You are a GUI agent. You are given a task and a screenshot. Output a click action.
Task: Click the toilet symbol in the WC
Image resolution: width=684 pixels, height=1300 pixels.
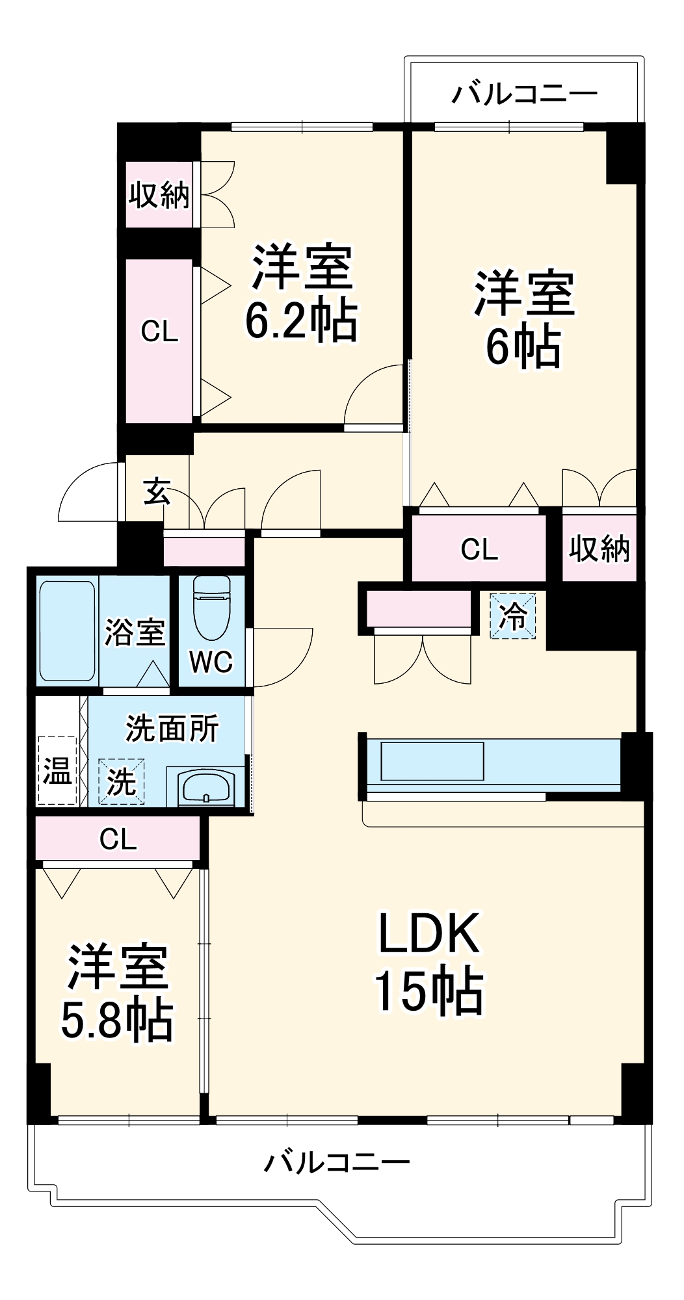click(212, 608)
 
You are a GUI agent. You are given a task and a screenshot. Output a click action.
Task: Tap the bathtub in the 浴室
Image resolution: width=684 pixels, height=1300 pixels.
click(67, 630)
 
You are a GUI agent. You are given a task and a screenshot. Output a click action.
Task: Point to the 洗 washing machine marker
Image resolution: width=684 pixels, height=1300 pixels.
click(121, 781)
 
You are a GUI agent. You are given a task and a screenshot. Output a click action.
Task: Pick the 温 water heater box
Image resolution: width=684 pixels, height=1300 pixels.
click(57, 771)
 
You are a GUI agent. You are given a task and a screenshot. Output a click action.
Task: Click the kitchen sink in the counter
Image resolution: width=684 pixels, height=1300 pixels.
click(432, 761)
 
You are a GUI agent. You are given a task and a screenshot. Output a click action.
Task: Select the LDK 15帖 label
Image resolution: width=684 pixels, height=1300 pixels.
click(429, 962)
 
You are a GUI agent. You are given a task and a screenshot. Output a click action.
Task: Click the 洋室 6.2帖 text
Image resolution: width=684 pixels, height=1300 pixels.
click(302, 292)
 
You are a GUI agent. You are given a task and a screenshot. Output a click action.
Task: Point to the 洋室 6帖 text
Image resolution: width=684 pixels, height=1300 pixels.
click(524, 318)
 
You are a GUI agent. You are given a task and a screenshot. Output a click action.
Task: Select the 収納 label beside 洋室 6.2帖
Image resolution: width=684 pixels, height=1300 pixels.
click(159, 195)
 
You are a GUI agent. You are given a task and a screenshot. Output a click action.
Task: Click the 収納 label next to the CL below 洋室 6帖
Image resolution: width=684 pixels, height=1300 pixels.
click(599, 549)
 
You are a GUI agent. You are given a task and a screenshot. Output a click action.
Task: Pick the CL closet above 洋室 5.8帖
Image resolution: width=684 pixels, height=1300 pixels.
click(118, 839)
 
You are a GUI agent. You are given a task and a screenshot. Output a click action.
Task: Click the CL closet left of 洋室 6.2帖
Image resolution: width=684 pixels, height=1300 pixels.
click(159, 331)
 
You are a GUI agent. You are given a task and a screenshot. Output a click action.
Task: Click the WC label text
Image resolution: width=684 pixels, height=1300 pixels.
click(211, 662)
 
